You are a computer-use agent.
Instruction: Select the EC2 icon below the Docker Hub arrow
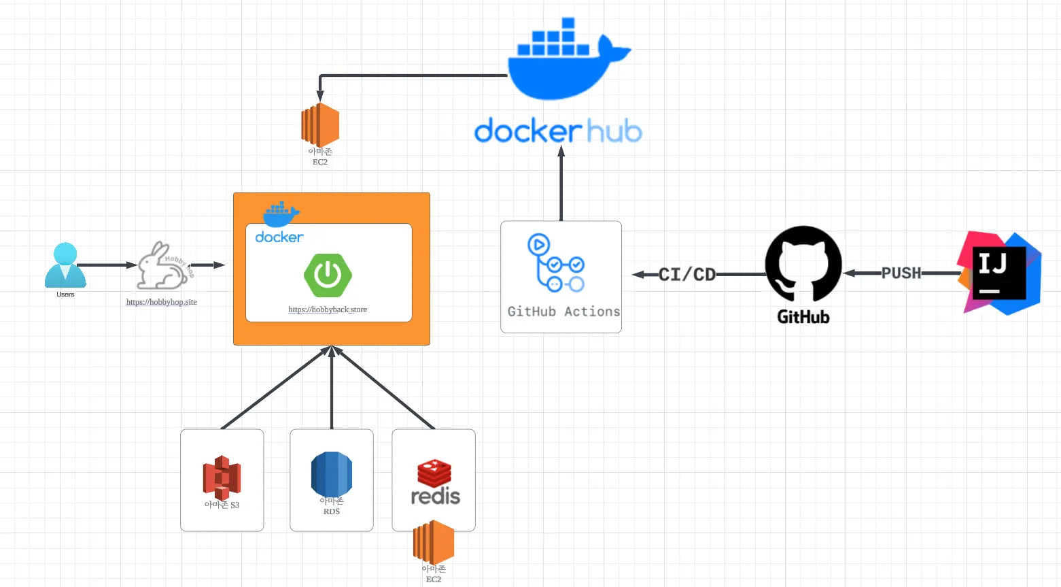320,125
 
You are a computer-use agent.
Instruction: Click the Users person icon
65,265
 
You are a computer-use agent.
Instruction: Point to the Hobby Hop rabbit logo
163,266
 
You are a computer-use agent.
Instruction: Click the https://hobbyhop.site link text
162,302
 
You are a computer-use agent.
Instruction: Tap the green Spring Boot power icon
328,275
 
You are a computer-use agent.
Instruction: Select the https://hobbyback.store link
328,309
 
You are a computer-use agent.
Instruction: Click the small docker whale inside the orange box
281,214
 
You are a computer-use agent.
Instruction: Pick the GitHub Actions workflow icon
555,263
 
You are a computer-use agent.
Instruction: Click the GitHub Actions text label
563,312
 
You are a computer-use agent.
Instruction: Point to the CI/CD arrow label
687,275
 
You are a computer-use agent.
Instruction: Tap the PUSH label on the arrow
901,273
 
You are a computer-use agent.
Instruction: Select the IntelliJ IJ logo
999,273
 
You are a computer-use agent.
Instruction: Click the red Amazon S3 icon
222,477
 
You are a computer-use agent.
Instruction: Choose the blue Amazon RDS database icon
332,475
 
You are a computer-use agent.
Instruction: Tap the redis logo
435,483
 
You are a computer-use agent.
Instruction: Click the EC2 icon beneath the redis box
434,542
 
